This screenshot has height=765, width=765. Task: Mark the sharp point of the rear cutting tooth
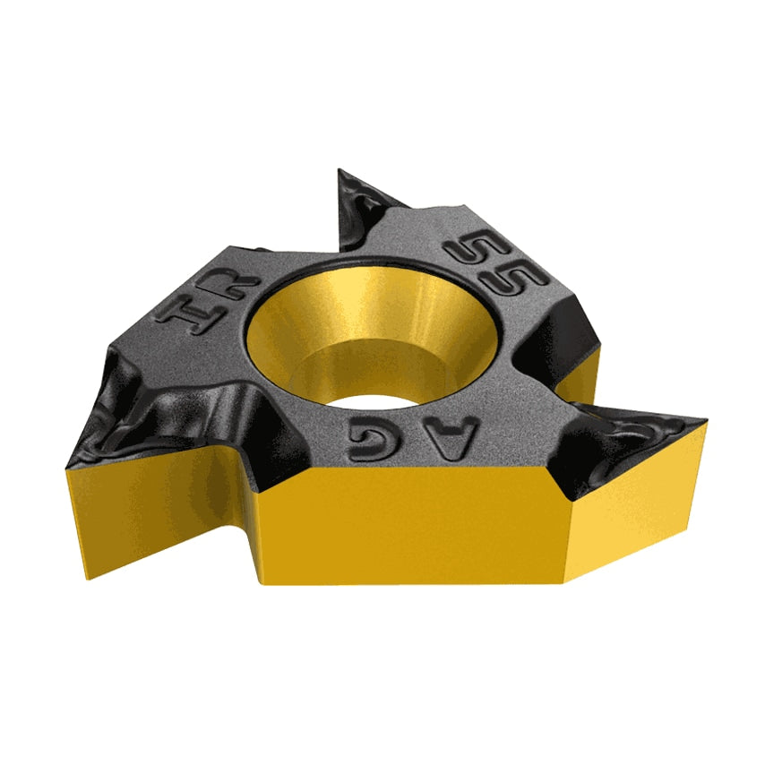point(340,169)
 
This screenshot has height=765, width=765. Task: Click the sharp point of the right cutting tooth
point(708,419)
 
